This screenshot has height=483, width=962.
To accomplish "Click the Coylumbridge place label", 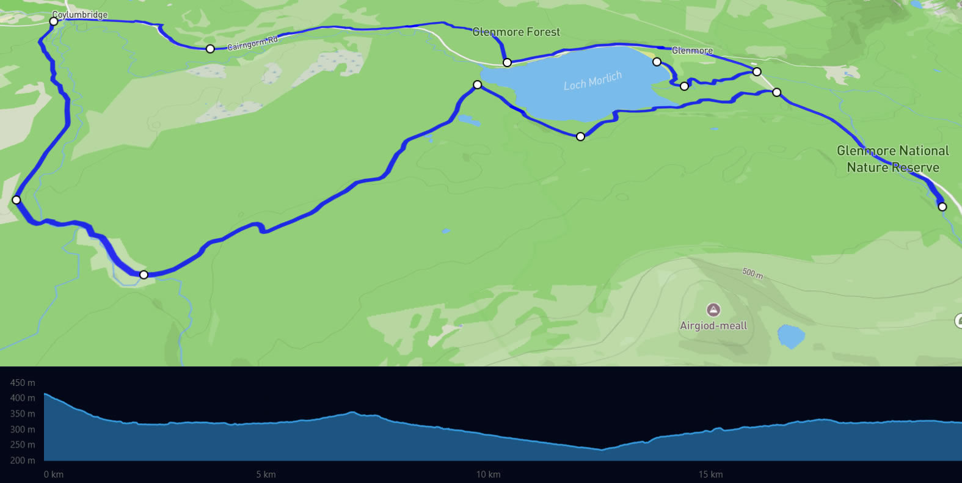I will pyautogui.click(x=80, y=15).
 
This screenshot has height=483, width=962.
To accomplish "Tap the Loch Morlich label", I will pyautogui.click(x=592, y=81).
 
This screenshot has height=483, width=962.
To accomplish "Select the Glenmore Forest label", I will pyautogui.click(x=516, y=32).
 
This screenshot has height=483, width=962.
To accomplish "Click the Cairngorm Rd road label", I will pyautogui.click(x=252, y=43).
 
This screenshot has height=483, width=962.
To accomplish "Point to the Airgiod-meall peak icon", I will pyautogui.click(x=713, y=310).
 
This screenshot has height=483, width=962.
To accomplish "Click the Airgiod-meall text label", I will pyautogui.click(x=713, y=326).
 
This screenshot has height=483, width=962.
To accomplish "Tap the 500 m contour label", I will pyautogui.click(x=752, y=273).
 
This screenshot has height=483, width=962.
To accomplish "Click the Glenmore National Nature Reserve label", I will pyautogui.click(x=892, y=159).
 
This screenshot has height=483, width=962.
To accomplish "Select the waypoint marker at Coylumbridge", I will pyautogui.click(x=54, y=21).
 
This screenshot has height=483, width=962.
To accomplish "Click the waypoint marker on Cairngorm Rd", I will pyautogui.click(x=210, y=49).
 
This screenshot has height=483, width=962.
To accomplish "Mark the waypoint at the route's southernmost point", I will pyautogui.click(x=144, y=275).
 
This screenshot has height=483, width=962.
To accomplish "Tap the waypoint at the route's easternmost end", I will pyautogui.click(x=942, y=207).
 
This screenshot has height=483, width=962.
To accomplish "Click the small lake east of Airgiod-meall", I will pyautogui.click(x=791, y=336).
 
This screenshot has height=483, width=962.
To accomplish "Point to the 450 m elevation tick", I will pyautogui.click(x=23, y=383).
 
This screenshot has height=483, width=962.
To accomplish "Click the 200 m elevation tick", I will pyautogui.click(x=23, y=460).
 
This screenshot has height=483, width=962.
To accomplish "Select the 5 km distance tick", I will pyautogui.click(x=266, y=474).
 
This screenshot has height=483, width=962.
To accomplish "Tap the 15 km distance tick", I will pyautogui.click(x=710, y=474).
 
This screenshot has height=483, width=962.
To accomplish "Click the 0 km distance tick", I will pyautogui.click(x=54, y=474).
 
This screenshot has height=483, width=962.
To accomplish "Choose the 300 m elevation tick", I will pyautogui.click(x=23, y=429).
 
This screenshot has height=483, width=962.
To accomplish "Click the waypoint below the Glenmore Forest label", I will pyautogui.click(x=507, y=62).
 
